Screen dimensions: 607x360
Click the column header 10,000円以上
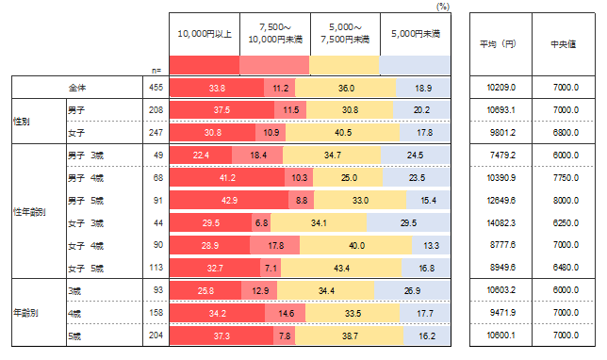click(x=205, y=34)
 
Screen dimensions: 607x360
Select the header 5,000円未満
click(x=416, y=34)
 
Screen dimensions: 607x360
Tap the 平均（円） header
click(x=498, y=44)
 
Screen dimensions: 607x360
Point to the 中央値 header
click(x=564, y=44)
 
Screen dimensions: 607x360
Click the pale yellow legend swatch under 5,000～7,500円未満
click(x=344, y=65)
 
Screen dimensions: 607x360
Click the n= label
click(x=156, y=71)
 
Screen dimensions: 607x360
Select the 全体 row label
click(x=77, y=88)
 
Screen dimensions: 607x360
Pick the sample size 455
click(x=156, y=88)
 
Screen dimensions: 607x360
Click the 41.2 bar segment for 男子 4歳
click(x=227, y=178)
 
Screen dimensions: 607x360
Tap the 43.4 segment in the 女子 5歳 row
click(x=341, y=269)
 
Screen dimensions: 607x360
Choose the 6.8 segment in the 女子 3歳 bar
click(x=261, y=223)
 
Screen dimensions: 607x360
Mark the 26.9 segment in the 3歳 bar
click(x=412, y=290)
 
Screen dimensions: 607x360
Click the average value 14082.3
click(x=500, y=223)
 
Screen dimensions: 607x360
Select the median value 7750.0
click(x=566, y=178)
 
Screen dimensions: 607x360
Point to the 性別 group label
click(x=22, y=122)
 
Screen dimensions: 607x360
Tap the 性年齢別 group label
click(x=29, y=212)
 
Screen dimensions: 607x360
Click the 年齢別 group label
click(x=25, y=312)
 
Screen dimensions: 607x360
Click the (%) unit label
click(x=443, y=7)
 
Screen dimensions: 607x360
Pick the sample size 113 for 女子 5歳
click(x=156, y=268)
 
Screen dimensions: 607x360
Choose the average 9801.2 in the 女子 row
click(x=502, y=132)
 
